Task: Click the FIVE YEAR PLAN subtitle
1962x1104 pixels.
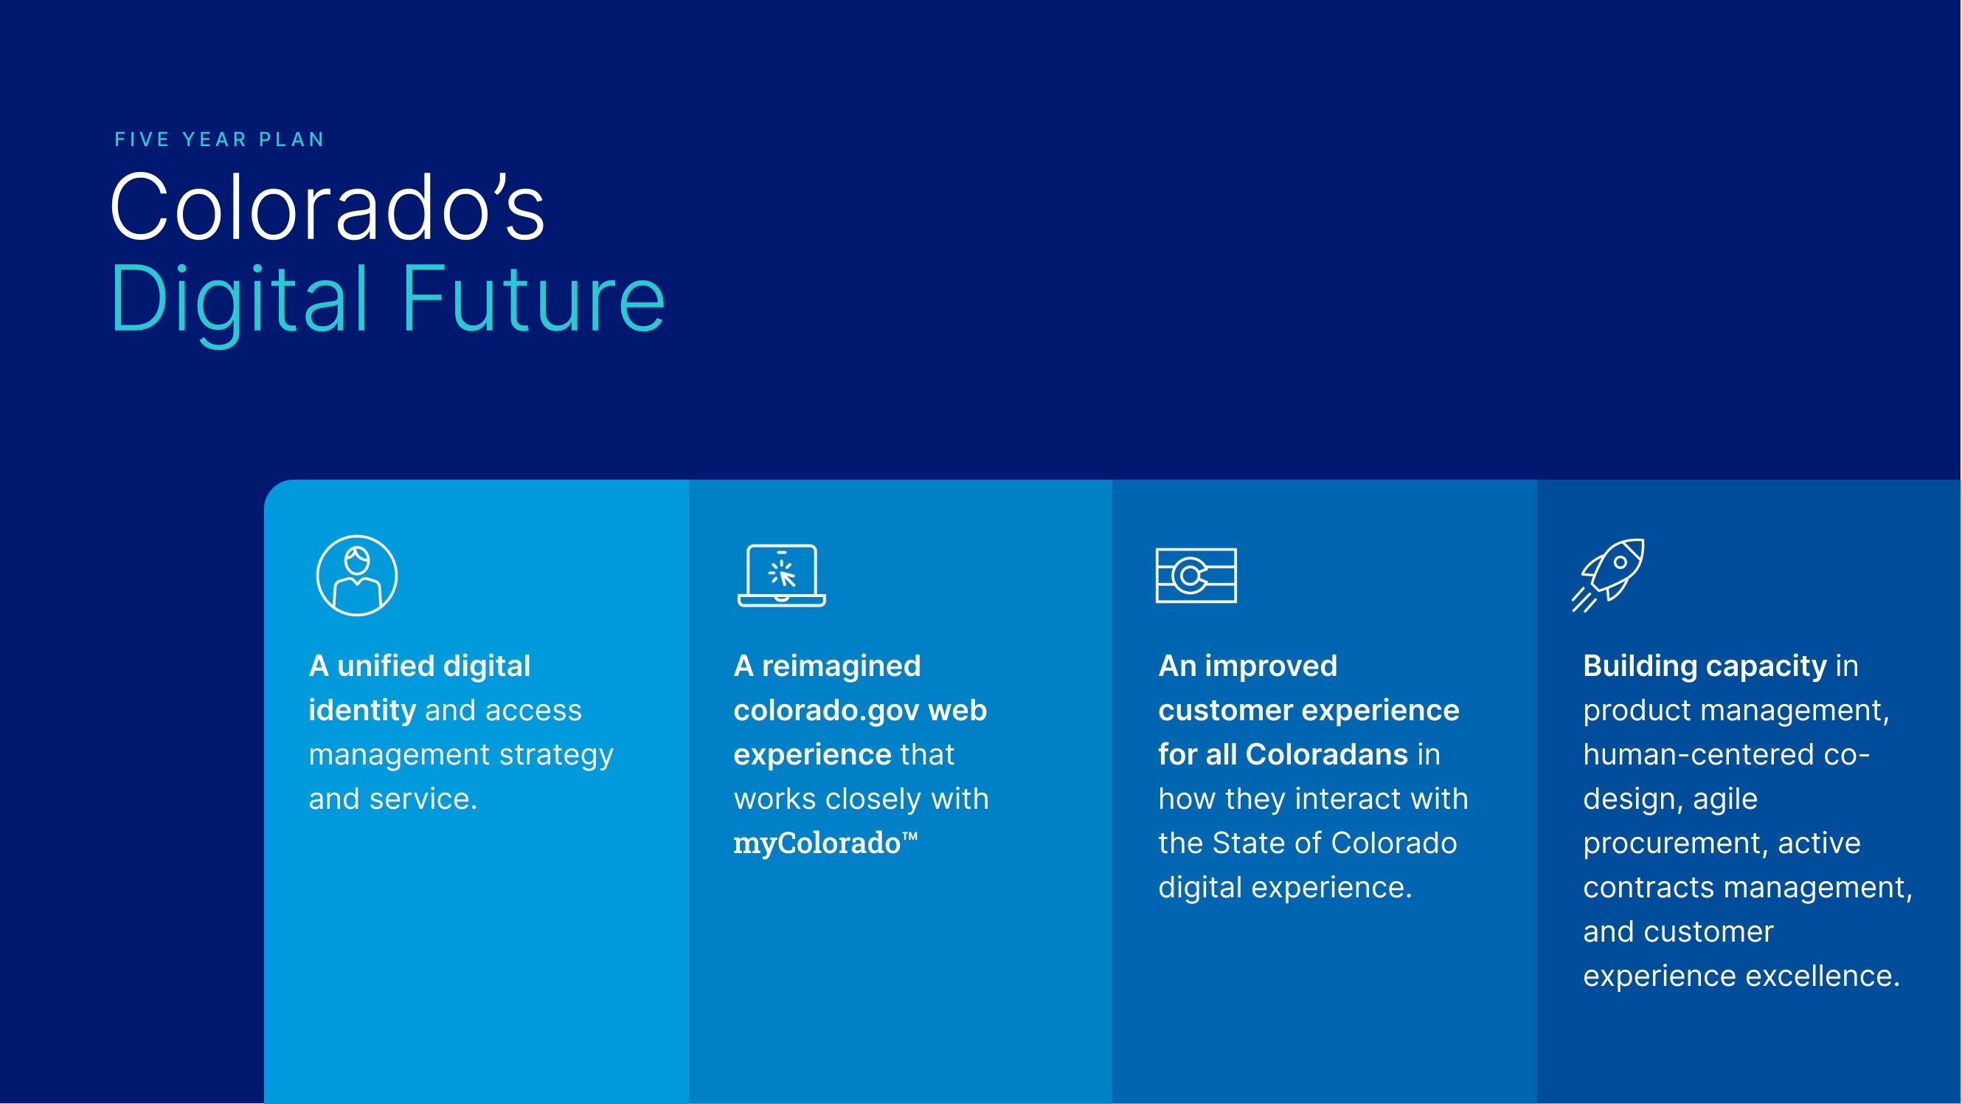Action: (x=219, y=139)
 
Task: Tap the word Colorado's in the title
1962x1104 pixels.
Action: (x=327, y=207)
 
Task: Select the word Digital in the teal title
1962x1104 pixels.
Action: (x=240, y=299)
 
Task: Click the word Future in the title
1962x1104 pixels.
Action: (x=533, y=299)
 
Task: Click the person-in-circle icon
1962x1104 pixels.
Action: (x=356, y=575)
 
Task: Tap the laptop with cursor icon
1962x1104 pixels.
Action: (x=781, y=575)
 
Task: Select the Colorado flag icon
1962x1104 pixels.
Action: (x=1196, y=575)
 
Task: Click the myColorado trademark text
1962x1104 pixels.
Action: (x=825, y=843)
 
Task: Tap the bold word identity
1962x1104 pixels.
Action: (x=361, y=710)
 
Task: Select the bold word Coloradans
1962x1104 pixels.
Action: (x=1326, y=754)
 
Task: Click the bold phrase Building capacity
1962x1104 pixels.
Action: (x=1705, y=666)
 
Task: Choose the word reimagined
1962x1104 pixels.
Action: (x=841, y=666)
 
